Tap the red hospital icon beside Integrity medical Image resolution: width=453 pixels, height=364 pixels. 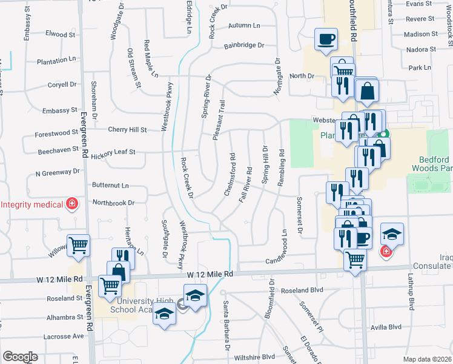coord(72,203)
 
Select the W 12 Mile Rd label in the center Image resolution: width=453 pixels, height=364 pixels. coord(210,274)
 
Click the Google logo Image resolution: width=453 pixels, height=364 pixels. coord(20,357)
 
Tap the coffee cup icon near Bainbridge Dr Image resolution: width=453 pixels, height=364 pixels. coord(326,39)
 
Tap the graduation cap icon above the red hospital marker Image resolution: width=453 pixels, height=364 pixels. coord(392,234)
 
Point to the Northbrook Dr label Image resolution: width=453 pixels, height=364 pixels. coord(113,202)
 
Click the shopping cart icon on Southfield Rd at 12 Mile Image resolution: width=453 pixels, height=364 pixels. coord(355,260)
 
